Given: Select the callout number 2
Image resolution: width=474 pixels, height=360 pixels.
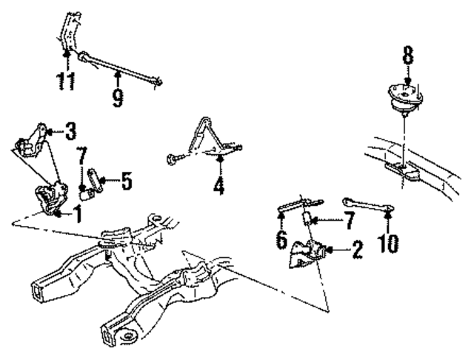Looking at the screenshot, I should [x=357, y=249].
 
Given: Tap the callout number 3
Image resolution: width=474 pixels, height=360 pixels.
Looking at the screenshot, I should [x=70, y=133].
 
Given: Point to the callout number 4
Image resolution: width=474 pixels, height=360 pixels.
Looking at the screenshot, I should [x=218, y=184].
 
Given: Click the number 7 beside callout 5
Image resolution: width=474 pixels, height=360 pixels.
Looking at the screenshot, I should [x=83, y=159].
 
